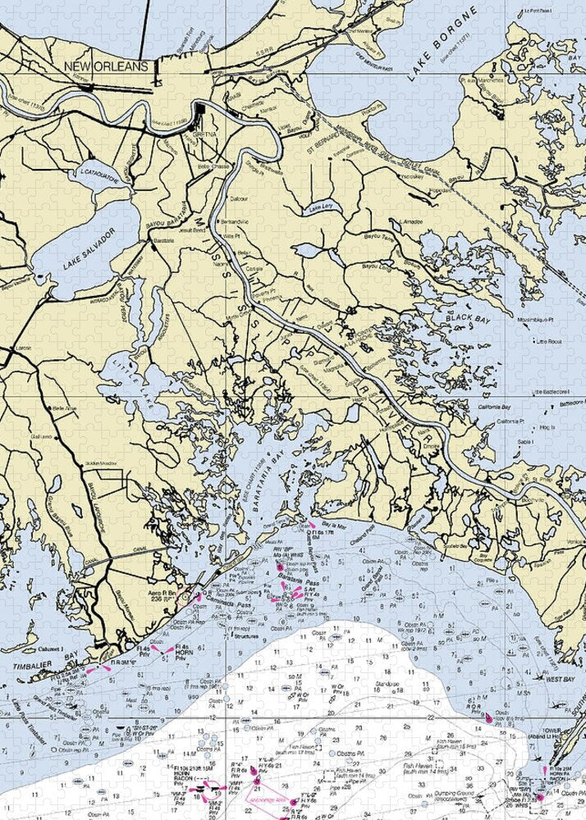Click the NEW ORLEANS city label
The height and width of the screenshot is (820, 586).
click(107, 66)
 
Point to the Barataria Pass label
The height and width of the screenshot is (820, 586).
click(298, 579)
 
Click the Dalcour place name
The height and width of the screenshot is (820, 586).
click(239, 198)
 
